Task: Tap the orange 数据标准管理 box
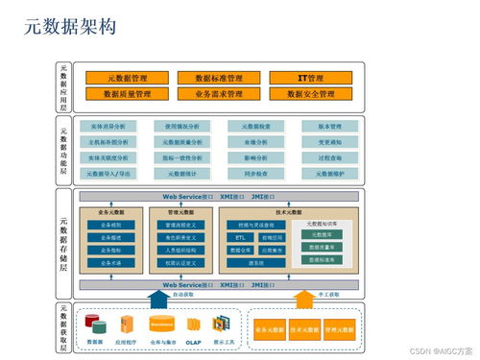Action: (x=218, y=78)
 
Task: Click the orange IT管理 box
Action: (x=310, y=78)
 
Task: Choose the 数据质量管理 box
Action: (x=127, y=94)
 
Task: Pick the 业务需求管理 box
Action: (x=218, y=94)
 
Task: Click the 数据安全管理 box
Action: (x=310, y=94)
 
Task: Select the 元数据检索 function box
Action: (x=256, y=126)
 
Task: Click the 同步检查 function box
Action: (x=256, y=174)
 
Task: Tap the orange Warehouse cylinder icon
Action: (x=161, y=324)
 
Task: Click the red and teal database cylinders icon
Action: (x=95, y=324)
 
